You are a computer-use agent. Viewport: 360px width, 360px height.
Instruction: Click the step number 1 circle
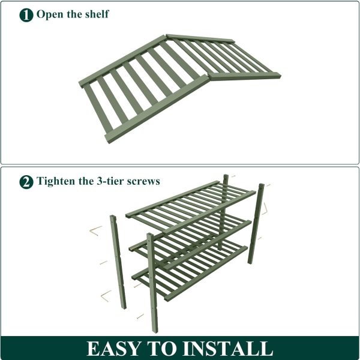pos(26,15)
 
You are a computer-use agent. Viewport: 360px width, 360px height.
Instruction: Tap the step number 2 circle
pos(26,182)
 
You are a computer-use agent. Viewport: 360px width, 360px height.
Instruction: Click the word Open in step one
pos(50,14)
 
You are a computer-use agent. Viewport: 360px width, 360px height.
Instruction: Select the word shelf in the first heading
pos(97,14)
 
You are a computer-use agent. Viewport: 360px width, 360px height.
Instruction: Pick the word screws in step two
pos(143,182)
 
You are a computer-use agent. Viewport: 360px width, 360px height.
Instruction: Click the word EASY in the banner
pos(113,349)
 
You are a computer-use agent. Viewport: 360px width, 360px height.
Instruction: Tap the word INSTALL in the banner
pos(228,349)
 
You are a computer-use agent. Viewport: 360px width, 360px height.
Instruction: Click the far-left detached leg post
pos(118,262)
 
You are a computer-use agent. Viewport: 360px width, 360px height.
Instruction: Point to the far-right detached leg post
pos(256,224)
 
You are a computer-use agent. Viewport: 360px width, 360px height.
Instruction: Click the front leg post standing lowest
pos(152,283)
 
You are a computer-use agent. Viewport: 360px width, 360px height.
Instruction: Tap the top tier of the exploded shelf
pos(191,207)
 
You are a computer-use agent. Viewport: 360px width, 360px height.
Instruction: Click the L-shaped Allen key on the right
pos(265,209)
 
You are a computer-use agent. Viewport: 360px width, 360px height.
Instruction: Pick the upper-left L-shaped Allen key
pos(95,231)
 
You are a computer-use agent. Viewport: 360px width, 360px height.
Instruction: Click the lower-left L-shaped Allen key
pos(106,296)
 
